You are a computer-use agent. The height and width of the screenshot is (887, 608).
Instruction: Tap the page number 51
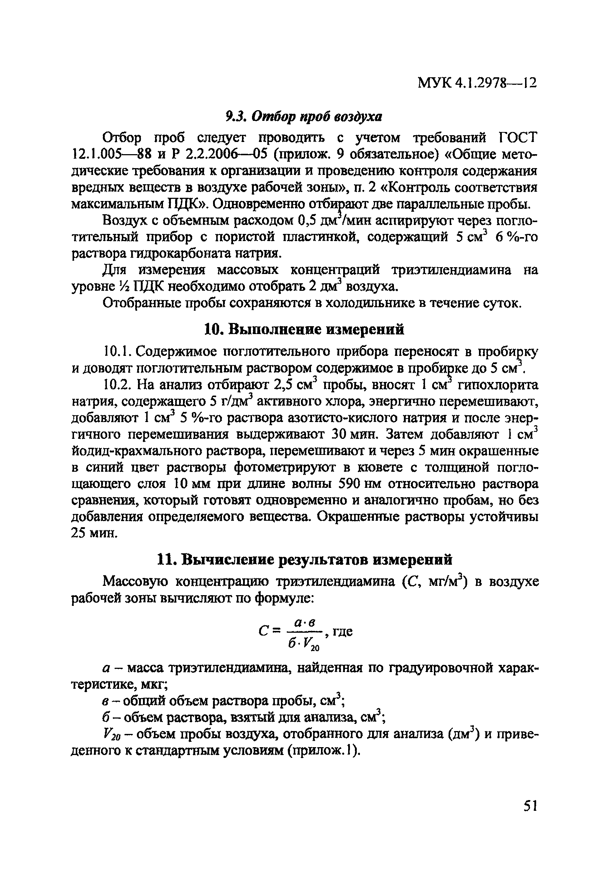(x=530, y=807)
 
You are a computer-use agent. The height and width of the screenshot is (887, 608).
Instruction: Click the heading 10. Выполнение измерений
(x=304, y=329)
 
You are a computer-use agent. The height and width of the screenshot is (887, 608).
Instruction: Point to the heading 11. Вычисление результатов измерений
(x=305, y=559)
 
